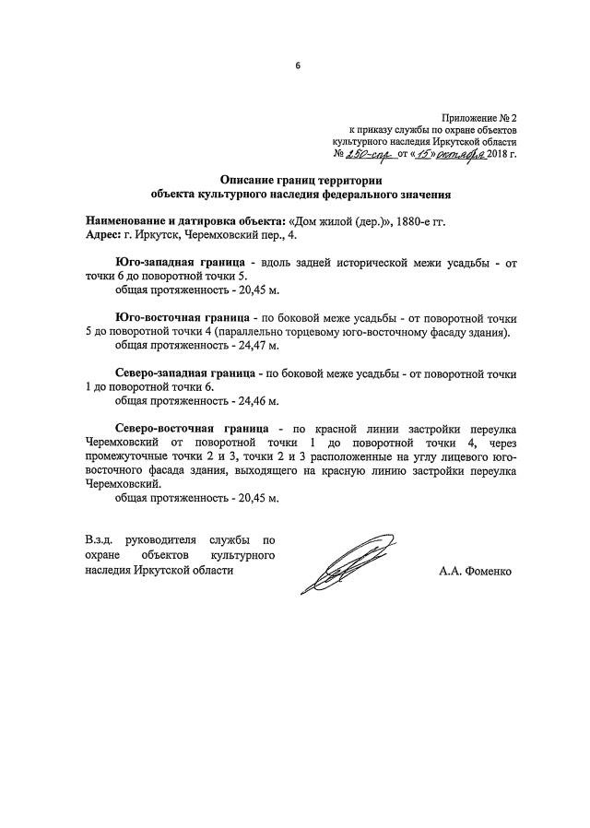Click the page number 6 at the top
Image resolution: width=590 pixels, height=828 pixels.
(x=297, y=65)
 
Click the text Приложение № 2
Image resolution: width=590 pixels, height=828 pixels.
(x=481, y=118)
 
